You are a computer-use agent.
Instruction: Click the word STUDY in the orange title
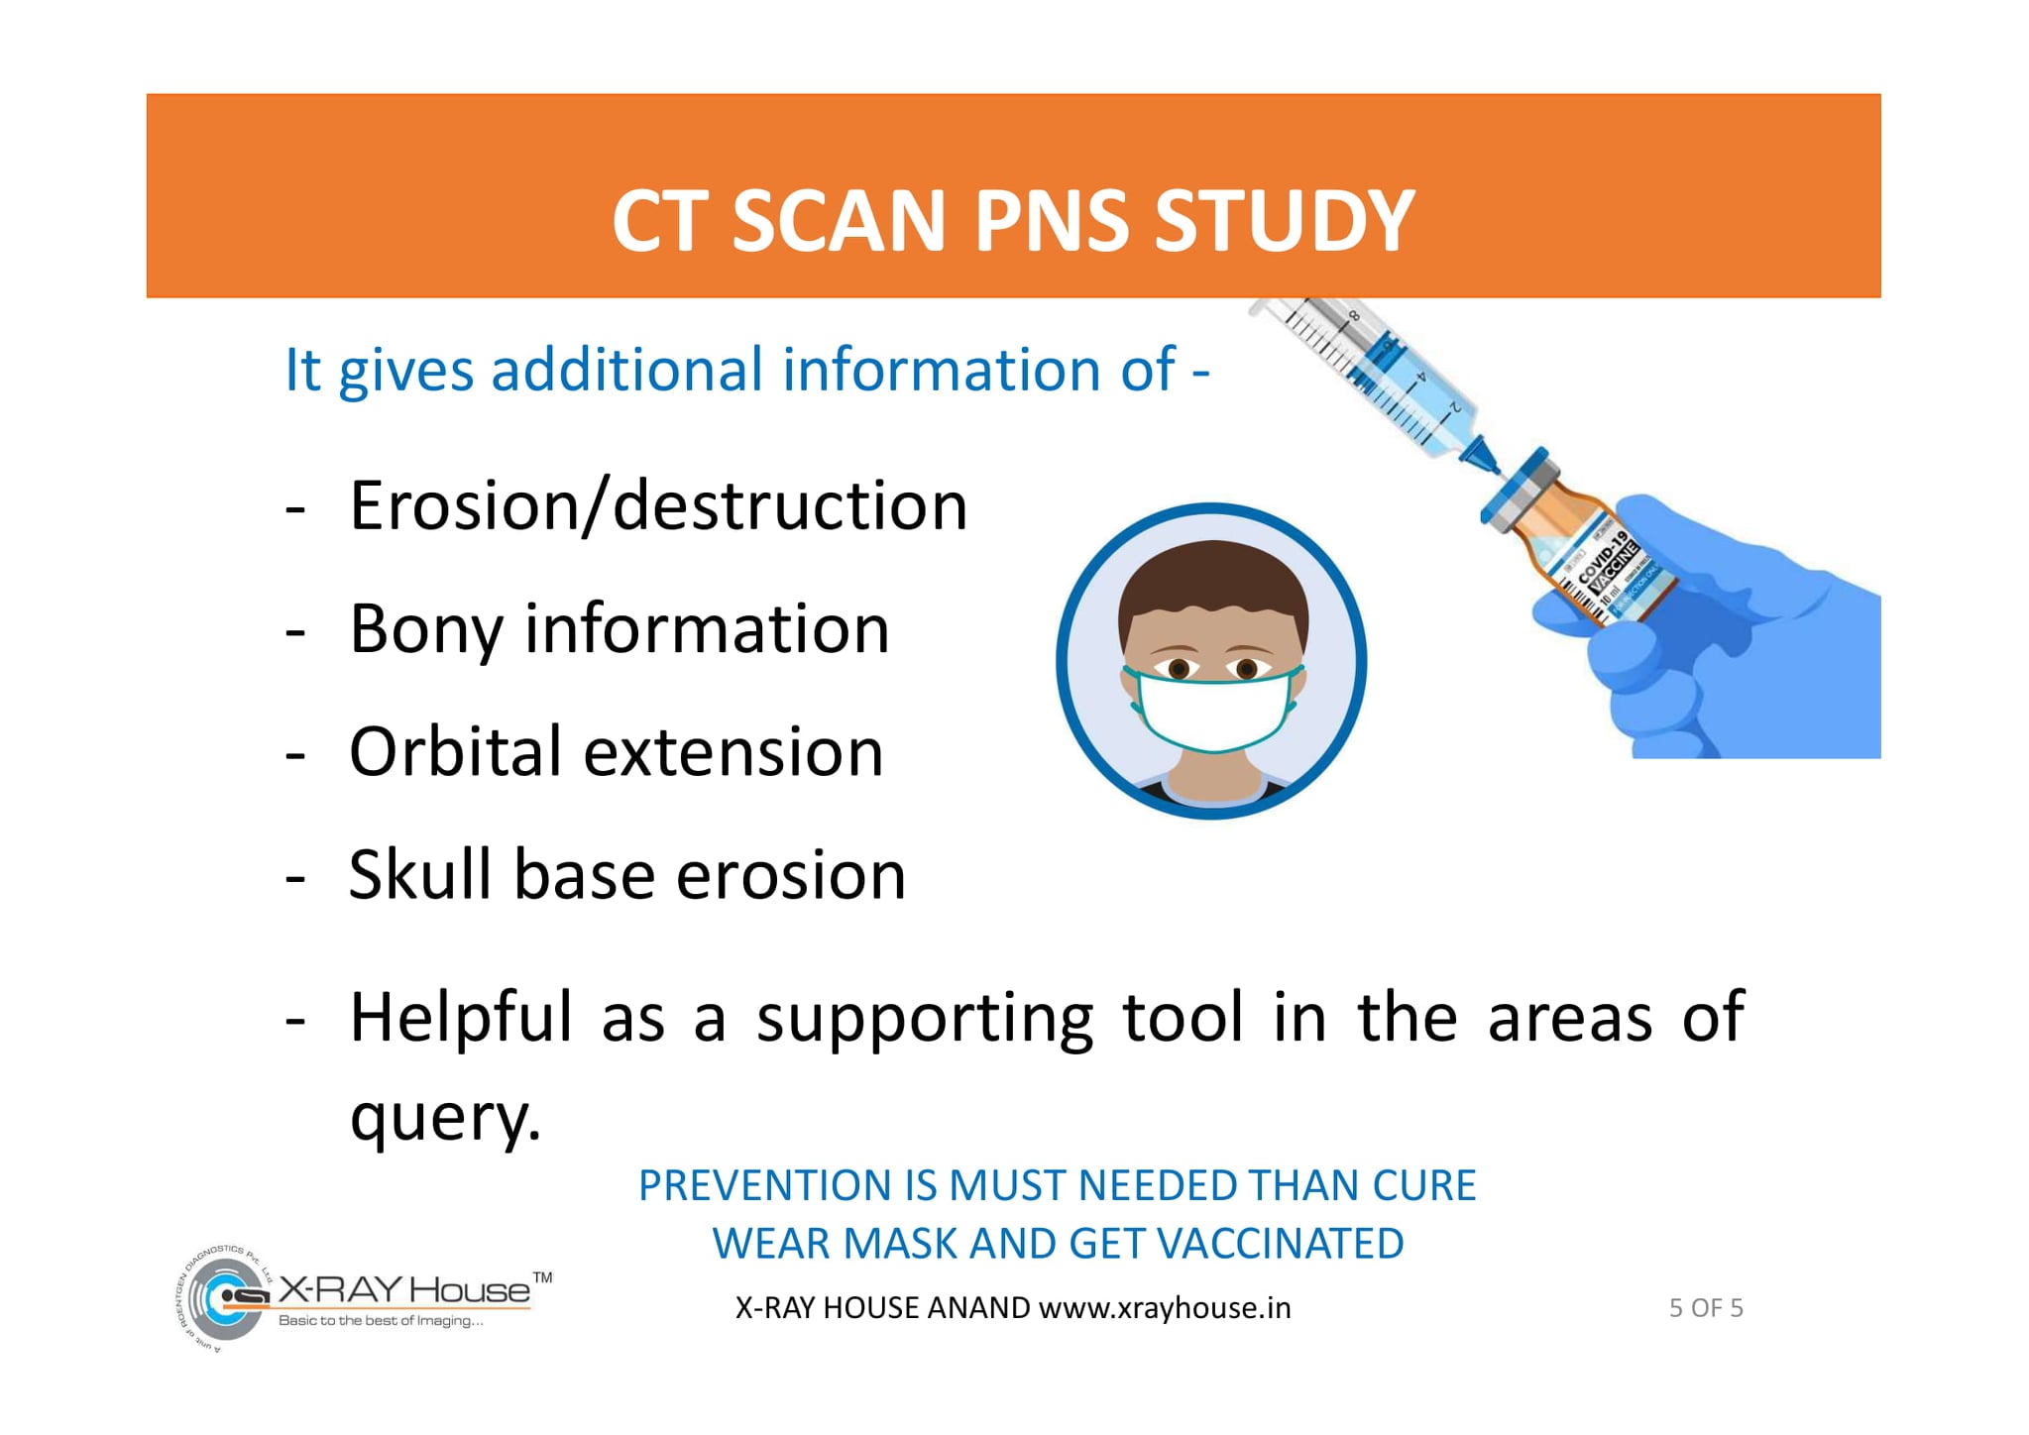[x=1285, y=220]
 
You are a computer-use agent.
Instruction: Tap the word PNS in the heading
[x=1052, y=220]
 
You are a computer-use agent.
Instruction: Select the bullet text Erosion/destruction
[x=658, y=505]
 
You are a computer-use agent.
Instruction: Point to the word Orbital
[x=457, y=751]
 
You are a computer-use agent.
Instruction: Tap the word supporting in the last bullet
[x=925, y=1019]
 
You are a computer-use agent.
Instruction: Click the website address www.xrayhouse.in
[x=1165, y=1308]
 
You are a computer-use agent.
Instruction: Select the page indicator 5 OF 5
[x=1706, y=1308]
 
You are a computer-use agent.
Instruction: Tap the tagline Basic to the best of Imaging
[x=382, y=1320]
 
